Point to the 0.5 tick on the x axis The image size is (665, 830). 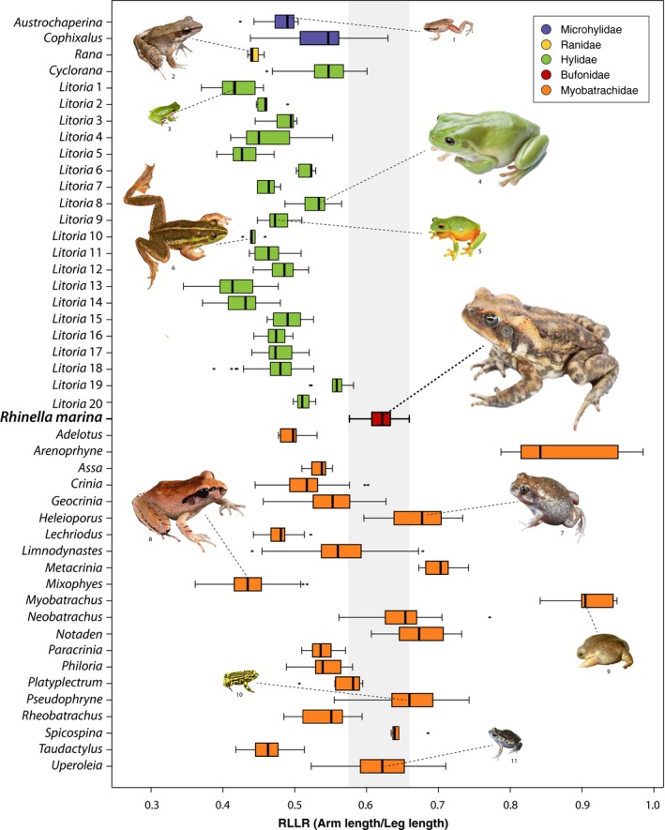tap(295, 789)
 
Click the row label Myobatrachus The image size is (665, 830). tap(68, 600)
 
